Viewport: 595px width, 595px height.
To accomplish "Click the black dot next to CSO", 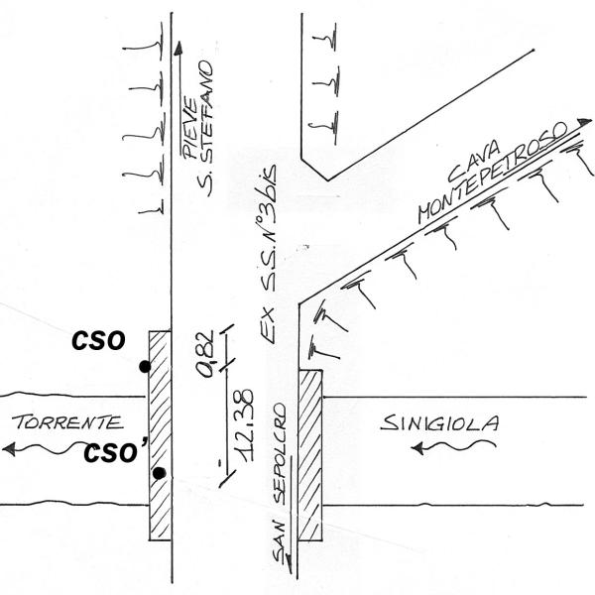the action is (x=145, y=367).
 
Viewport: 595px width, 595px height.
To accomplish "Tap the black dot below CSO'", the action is (x=159, y=473).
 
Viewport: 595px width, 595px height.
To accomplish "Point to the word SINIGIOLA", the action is (x=440, y=424).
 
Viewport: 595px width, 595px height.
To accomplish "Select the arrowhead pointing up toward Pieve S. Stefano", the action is (x=178, y=47).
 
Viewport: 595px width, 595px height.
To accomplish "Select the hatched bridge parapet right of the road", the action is (x=311, y=455).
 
